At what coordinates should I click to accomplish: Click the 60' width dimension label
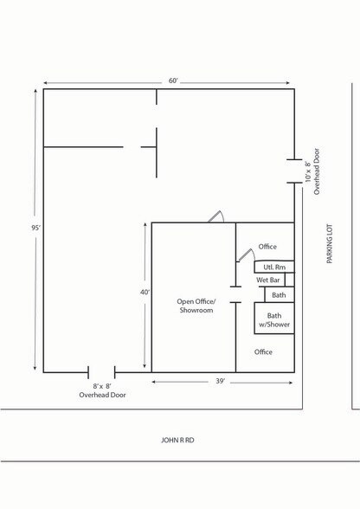pos(173,81)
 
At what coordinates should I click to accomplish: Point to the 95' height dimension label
pos(35,228)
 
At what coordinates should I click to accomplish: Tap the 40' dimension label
pos(145,293)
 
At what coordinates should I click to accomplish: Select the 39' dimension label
pos(220,381)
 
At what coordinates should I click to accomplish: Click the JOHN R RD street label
pos(177,440)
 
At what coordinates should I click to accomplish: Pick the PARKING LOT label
pos(330,243)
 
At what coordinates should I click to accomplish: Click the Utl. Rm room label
pos(274,267)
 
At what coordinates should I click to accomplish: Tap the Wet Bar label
pos(267,280)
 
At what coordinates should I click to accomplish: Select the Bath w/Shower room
pos(274,319)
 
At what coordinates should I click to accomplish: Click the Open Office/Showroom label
pos(196,306)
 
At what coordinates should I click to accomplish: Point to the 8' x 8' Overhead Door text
pos(102,390)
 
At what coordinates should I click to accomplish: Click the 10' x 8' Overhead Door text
pos(312,171)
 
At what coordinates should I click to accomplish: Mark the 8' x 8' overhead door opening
pos(101,372)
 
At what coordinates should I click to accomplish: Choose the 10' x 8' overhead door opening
pos(294,171)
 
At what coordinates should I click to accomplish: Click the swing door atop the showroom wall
pos(215,216)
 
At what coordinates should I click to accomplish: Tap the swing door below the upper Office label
pos(246,254)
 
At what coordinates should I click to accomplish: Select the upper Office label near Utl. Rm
pos(267,247)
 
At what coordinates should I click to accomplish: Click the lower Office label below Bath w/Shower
pos(263,351)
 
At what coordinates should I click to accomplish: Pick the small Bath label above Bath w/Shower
pos(279,295)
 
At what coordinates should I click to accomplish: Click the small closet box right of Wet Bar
pos(290,280)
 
